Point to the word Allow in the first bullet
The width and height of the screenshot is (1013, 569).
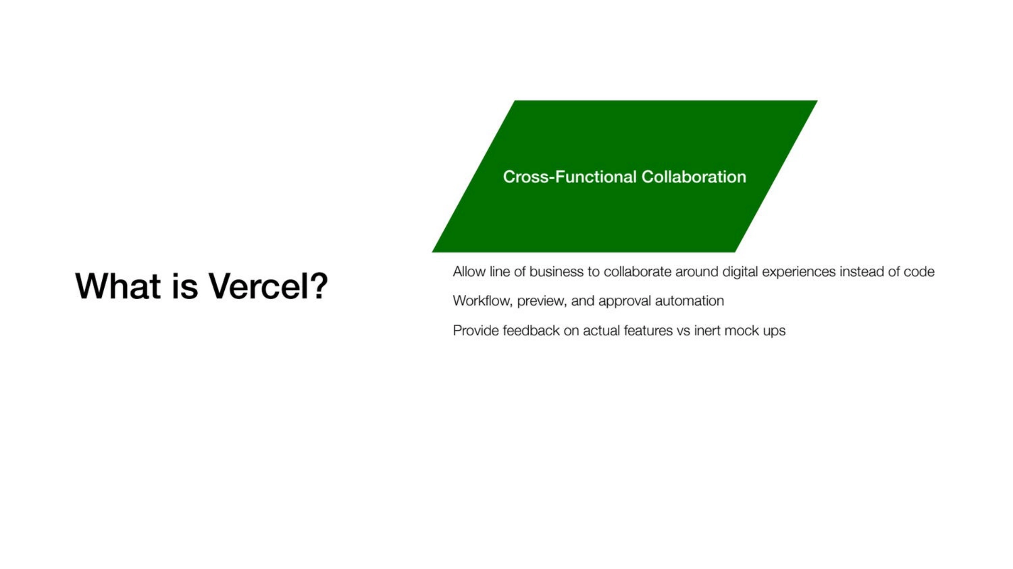coord(469,272)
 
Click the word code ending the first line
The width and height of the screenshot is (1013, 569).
coord(919,272)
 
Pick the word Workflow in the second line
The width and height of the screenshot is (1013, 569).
coord(483,301)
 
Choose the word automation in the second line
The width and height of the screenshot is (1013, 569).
coord(689,301)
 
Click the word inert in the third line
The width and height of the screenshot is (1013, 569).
coord(707,331)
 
